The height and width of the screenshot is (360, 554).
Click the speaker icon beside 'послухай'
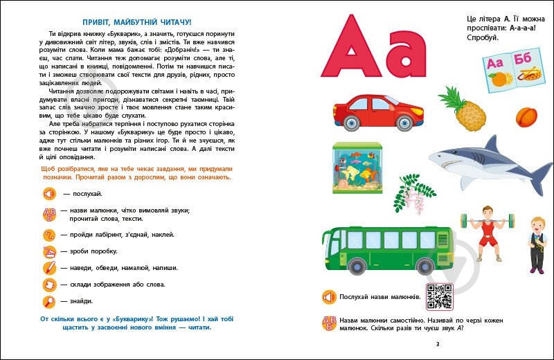point(48,193)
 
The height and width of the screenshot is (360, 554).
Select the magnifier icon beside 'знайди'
point(49,301)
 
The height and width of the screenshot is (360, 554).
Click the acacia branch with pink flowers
point(414,190)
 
